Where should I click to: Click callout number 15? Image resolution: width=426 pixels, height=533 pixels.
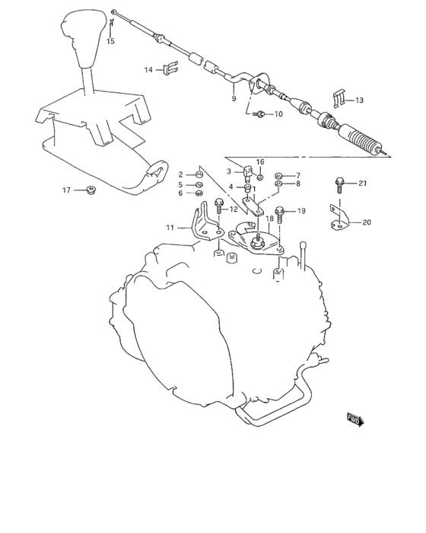click(110, 41)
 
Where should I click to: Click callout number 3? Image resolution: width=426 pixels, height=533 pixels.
click(227, 171)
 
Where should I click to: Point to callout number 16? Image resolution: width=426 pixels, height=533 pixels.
click(260, 162)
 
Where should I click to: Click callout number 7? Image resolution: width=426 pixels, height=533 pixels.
click(298, 174)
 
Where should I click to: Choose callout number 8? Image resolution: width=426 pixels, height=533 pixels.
click(298, 184)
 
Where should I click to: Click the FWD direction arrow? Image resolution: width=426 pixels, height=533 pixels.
click(354, 418)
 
